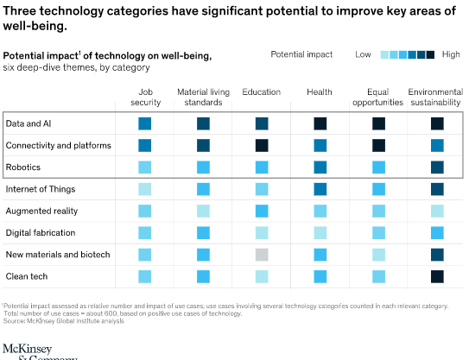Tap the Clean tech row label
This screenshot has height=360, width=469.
pyautogui.click(x=26, y=276)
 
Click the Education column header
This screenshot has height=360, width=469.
pyautogui.click(x=261, y=92)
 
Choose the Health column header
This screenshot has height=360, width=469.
pyautogui.click(x=320, y=92)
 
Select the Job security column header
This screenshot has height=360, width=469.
pyautogui.click(x=144, y=96)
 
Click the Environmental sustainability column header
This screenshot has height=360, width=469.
pyautogui.click(x=436, y=96)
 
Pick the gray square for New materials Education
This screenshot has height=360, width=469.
pyautogui.click(x=262, y=255)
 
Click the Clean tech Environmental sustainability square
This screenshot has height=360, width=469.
pyautogui.click(x=437, y=276)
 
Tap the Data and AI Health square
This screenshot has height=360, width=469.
pyautogui.click(x=320, y=123)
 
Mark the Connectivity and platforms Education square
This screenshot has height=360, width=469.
pyautogui.click(x=262, y=145)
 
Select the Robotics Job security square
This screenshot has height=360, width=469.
pyautogui.click(x=145, y=167)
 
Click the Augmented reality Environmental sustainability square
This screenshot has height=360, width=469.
pyautogui.click(x=437, y=211)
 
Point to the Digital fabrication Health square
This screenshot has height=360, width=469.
pyautogui.click(x=320, y=232)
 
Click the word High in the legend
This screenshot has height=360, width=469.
pyautogui.click(x=450, y=54)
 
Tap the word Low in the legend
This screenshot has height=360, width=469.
pyautogui.click(x=364, y=54)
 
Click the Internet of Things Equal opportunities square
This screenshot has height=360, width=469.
pyautogui.click(x=378, y=189)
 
